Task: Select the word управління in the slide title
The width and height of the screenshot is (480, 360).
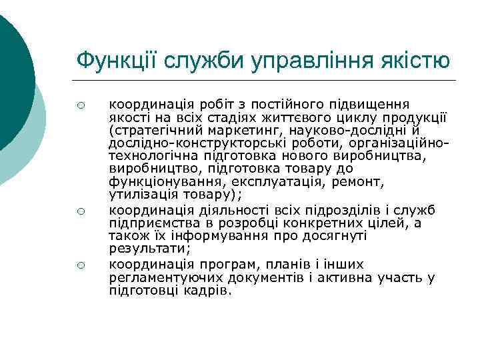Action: (304, 61)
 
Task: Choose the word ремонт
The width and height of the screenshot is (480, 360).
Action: (348, 181)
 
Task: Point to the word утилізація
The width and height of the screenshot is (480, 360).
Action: (143, 195)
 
